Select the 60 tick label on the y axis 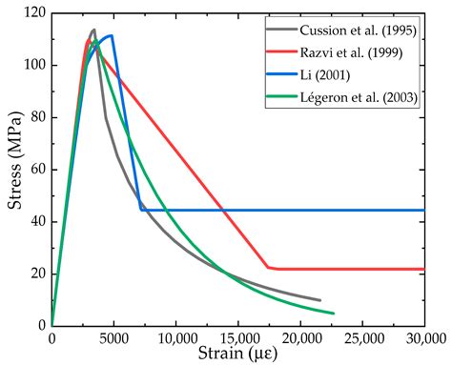click(35, 170)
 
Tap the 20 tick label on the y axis click(35, 274)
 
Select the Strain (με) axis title click(237, 354)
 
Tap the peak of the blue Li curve click(112, 36)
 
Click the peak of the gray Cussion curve click(93, 30)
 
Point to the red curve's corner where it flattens click(269, 268)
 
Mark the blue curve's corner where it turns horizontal click(141, 210)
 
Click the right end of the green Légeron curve click(333, 313)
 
